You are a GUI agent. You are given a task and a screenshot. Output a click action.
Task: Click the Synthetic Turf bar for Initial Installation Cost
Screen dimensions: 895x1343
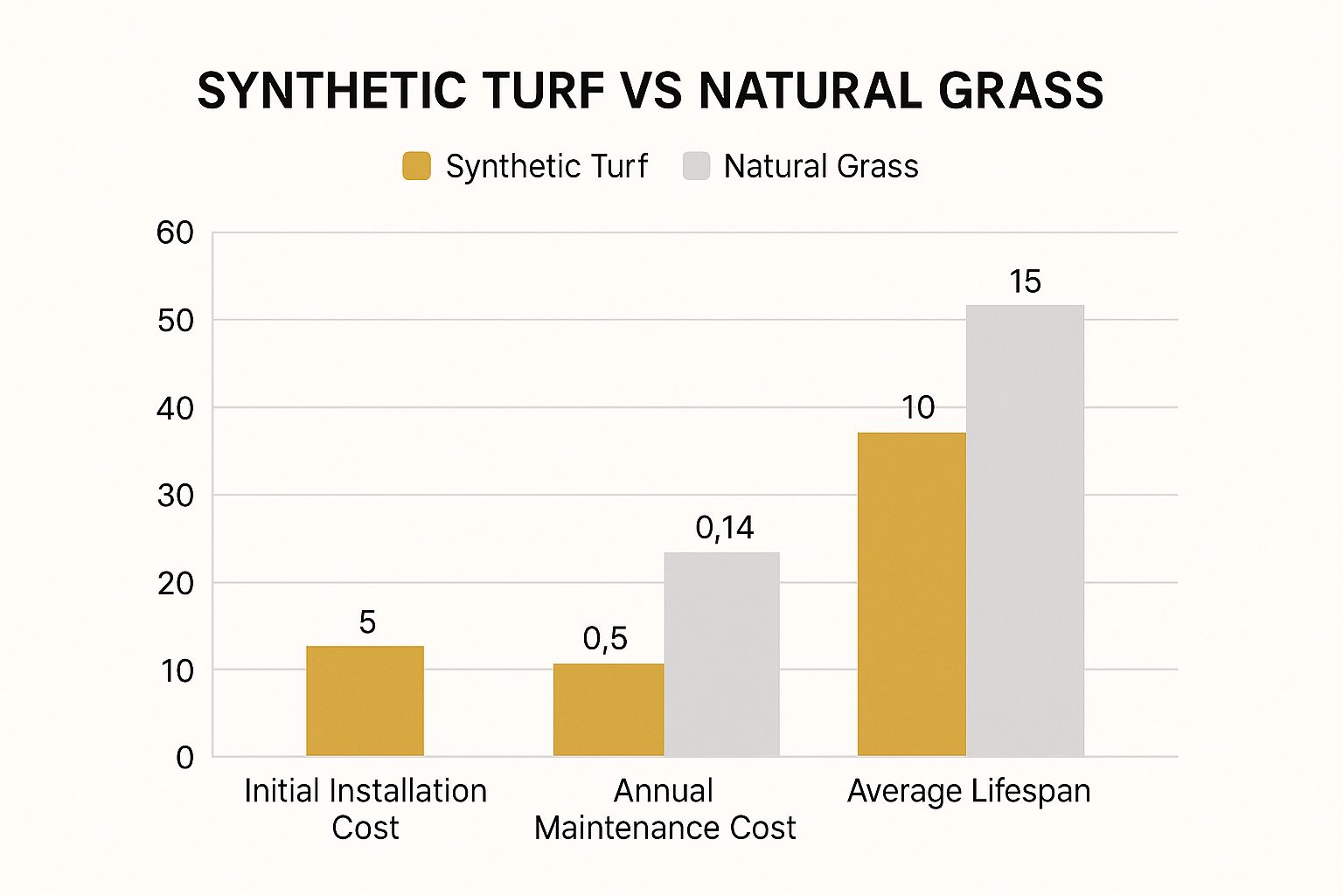point(365,701)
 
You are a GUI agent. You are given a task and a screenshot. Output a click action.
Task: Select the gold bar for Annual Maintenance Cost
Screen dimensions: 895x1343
point(608,710)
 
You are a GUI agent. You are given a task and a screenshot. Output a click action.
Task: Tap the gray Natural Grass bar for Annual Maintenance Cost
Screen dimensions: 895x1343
point(721,654)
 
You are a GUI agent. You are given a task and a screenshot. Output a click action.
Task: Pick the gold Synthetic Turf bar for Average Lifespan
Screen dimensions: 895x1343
point(911,594)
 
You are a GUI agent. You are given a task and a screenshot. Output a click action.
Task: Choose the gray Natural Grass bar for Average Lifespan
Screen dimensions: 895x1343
point(1025,531)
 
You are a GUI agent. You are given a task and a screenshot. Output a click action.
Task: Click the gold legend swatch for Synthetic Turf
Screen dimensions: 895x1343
point(416,166)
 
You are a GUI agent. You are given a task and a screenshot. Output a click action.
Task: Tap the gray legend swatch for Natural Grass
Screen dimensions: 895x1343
point(696,166)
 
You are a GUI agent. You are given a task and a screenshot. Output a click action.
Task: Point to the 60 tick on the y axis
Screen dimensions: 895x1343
point(175,232)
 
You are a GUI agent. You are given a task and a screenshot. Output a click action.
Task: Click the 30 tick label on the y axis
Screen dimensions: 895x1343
point(175,496)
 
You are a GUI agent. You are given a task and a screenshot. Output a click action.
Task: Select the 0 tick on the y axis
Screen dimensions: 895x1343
point(184,758)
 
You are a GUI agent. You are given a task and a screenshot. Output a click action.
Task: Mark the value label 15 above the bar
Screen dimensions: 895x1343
point(1025,281)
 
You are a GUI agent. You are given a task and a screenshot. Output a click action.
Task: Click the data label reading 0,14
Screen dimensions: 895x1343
point(724,528)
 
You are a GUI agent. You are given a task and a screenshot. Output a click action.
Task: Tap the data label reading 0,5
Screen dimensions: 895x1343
point(605,639)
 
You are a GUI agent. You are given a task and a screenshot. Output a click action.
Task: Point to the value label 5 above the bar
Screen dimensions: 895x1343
point(367,622)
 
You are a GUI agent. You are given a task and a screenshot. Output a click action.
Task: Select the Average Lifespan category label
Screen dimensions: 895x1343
point(969,791)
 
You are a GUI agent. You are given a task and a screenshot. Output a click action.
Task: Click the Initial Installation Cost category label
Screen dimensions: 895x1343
point(365,808)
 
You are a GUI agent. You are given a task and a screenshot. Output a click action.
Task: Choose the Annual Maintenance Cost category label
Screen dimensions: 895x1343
point(665,808)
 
